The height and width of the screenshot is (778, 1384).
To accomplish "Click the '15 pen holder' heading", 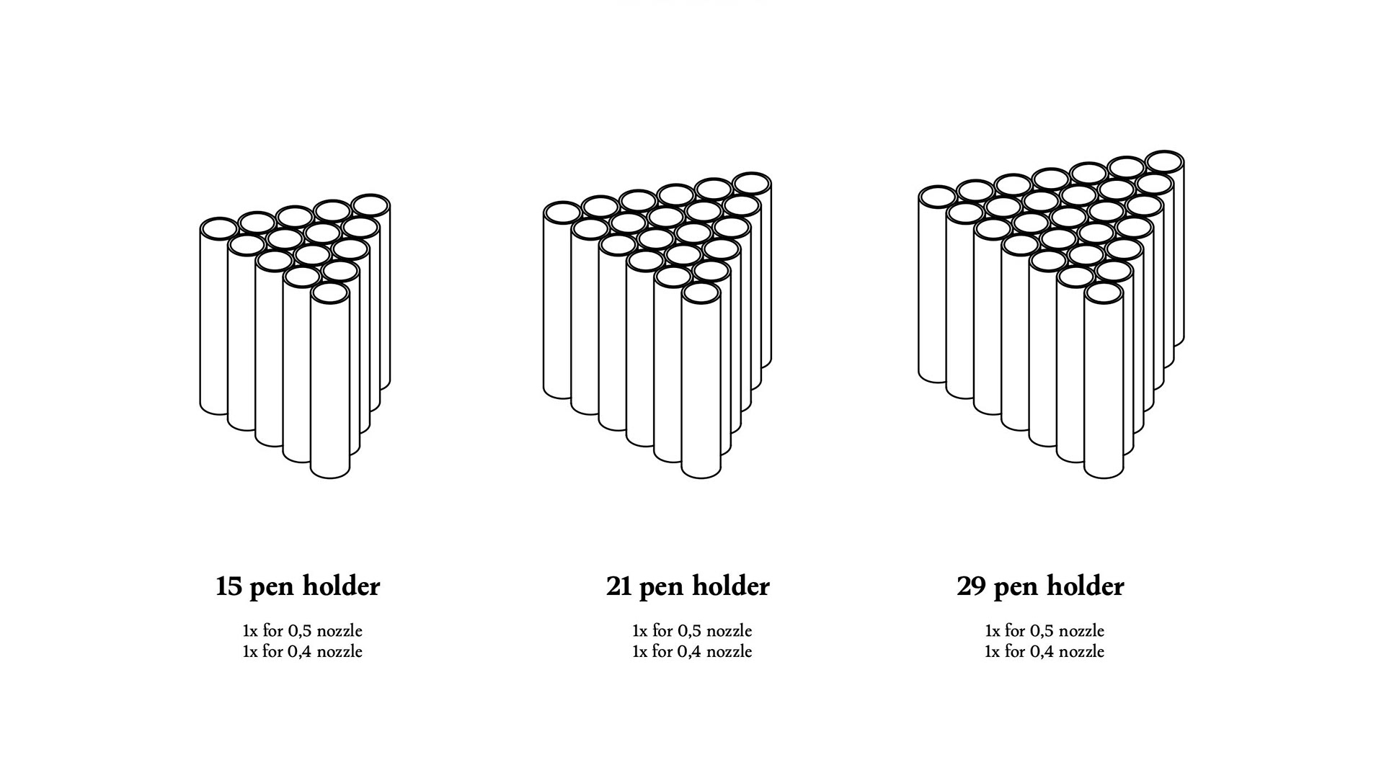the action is pyautogui.click(x=298, y=586).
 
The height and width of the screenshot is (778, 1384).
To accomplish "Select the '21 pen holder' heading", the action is pyautogui.click(x=688, y=586).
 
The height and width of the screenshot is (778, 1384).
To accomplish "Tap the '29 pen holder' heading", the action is pyautogui.click(x=1040, y=586).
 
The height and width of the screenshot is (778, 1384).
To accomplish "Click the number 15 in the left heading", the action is pyautogui.click(x=229, y=587).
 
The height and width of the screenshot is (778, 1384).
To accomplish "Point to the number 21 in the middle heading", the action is pyautogui.click(x=619, y=587).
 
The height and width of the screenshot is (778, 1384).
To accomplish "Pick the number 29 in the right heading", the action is pyautogui.click(x=972, y=587).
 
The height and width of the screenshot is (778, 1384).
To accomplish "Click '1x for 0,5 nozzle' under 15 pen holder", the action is pyautogui.click(x=303, y=631).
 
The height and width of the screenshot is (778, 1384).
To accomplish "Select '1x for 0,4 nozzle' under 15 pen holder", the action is pyautogui.click(x=303, y=652).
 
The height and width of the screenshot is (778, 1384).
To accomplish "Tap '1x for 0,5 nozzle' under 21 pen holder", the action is pyautogui.click(x=692, y=631).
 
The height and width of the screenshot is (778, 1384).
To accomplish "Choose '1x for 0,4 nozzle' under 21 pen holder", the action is pyautogui.click(x=692, y=652).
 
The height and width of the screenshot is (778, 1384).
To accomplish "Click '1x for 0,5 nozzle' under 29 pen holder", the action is pyautogui.click(x=1044, y=631).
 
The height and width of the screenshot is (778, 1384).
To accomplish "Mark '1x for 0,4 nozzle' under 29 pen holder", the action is pyautogui.click(x=1044, y=652).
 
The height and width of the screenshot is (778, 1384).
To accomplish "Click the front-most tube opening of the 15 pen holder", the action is pyautogui.click(x=330, y=294).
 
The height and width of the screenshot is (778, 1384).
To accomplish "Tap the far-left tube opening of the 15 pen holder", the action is pyautogui.click(x=219, y=229).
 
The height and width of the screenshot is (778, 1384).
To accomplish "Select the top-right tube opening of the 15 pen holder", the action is pyautogui.click(x=371, y=205).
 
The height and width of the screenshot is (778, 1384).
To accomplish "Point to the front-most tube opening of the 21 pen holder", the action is pyautogui.click(x=701, y=294).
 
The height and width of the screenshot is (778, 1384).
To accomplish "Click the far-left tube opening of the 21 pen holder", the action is pyautogui.click(x=562, y=213).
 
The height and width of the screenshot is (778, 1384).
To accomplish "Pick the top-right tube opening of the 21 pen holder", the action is pyautogui.click(x=752, y=184).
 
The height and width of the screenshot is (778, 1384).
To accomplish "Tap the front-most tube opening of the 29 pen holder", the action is pyautogui.click(x=1104, y=294).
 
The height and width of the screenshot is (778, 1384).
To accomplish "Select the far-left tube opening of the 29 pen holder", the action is pyautogui.click(x=938, y=197).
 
